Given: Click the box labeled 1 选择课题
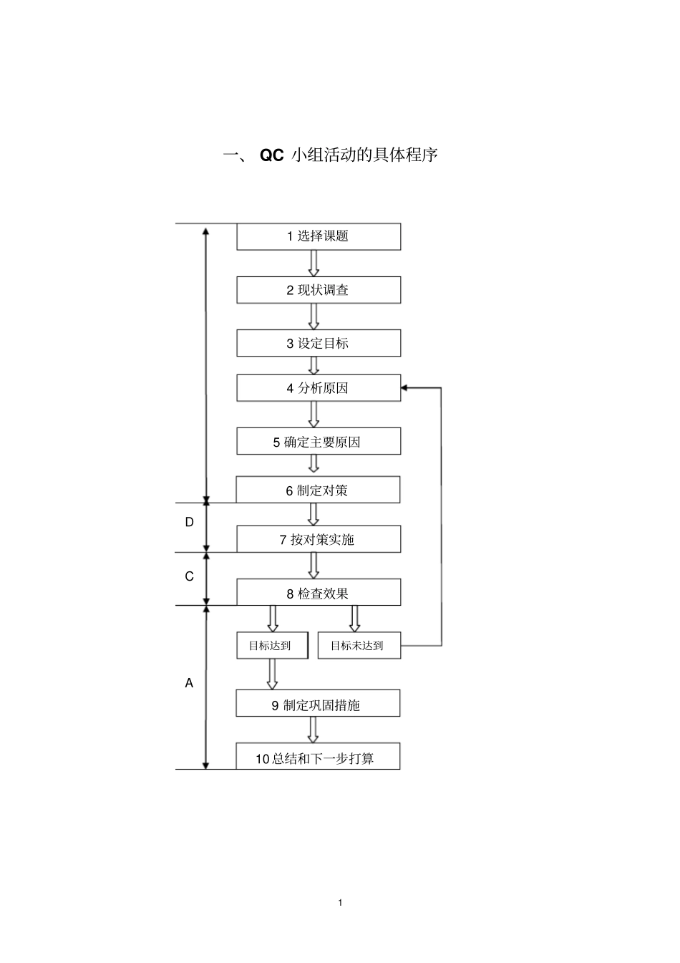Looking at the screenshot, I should coord(319,236).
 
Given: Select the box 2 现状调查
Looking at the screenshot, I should coord(319,290).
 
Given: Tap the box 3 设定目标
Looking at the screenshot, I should coord(319,343).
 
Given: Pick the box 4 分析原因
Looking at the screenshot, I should coord(319,388).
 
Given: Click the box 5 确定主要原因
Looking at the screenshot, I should coord(319,442).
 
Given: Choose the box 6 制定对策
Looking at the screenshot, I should coord(318,490).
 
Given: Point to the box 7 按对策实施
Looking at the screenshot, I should coord(319,539).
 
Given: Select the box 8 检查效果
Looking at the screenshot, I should coord(319,593).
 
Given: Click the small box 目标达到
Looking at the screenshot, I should coord(272,645).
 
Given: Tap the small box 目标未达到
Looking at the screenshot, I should coord(359,645).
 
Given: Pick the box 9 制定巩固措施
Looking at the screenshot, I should coord(318,705).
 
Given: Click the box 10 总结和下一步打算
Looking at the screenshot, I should coord(318,758).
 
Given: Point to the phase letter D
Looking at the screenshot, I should coord(189,522).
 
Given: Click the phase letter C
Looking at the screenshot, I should coord(189,576).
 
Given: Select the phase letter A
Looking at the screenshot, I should coord(189,683).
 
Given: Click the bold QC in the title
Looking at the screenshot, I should coord(272,155).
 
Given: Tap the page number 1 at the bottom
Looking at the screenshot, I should coord(340,902).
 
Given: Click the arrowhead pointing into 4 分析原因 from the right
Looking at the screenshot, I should coord(405,388).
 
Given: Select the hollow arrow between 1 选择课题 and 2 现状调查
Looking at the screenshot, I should coord(314,263).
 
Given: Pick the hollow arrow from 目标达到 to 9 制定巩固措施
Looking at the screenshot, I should coord(272,674).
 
